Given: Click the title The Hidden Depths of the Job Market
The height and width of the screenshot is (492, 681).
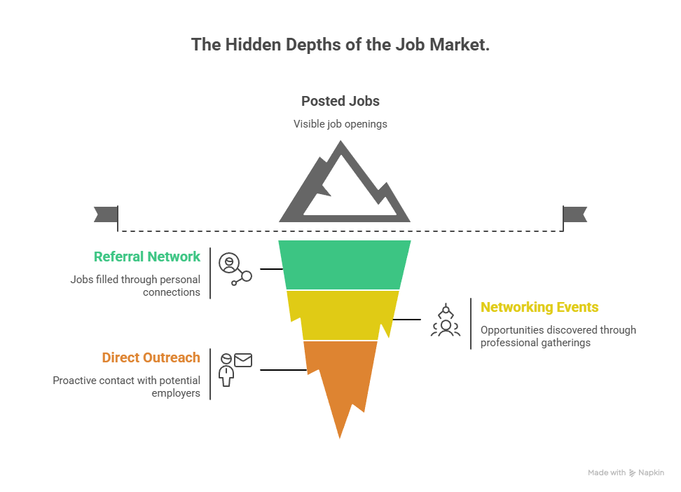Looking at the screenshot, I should point(340,45).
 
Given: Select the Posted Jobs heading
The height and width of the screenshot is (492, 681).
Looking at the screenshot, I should point(340,101).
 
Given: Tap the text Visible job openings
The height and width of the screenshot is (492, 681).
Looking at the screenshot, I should point(340,124).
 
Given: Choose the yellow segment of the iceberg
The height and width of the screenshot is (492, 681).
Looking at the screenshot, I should point(343,315).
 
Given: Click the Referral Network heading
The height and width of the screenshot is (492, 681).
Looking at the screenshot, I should point(147,257).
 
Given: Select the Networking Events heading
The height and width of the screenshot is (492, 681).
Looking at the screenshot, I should point(539,307).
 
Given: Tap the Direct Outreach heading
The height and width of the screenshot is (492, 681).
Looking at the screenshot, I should point(151,357).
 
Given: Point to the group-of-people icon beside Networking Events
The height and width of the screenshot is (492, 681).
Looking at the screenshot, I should point(445,321).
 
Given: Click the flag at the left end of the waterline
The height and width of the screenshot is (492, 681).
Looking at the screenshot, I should point(105,214).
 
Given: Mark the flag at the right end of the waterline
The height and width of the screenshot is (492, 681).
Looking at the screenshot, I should point(576,214).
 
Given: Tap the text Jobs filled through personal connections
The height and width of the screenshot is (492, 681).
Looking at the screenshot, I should point(136,285).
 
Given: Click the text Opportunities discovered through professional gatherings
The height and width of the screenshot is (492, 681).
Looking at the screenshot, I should point(558,336).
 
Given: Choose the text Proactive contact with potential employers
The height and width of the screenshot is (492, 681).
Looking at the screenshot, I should point(128,386).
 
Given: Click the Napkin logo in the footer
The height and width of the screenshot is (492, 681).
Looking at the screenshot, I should point(646,473).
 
